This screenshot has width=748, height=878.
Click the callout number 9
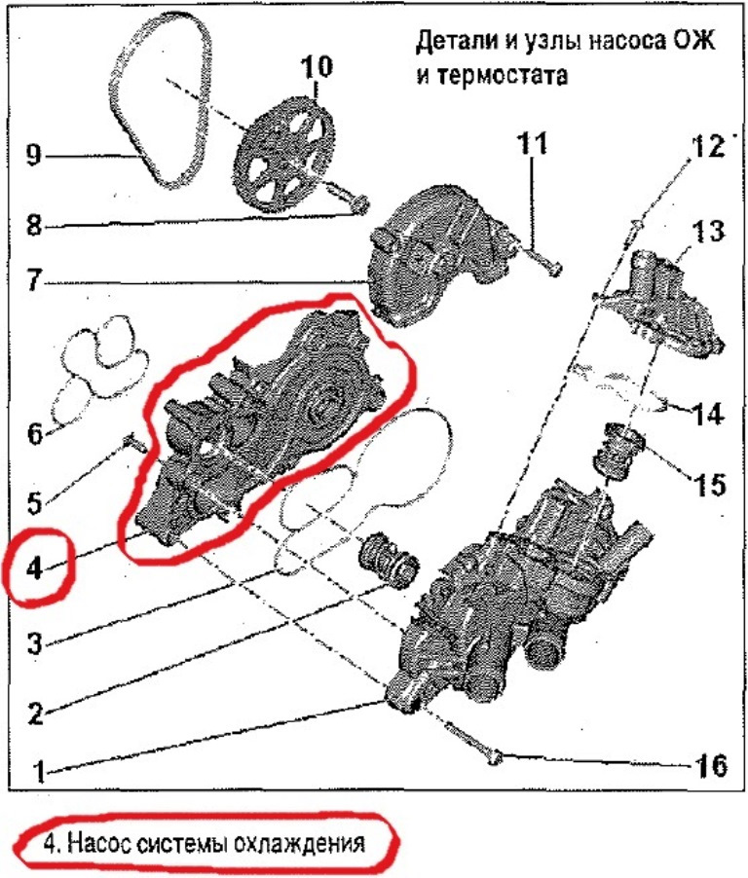34,156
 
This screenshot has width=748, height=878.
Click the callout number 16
711,765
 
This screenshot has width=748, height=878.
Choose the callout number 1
39,774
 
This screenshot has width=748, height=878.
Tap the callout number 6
34,432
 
